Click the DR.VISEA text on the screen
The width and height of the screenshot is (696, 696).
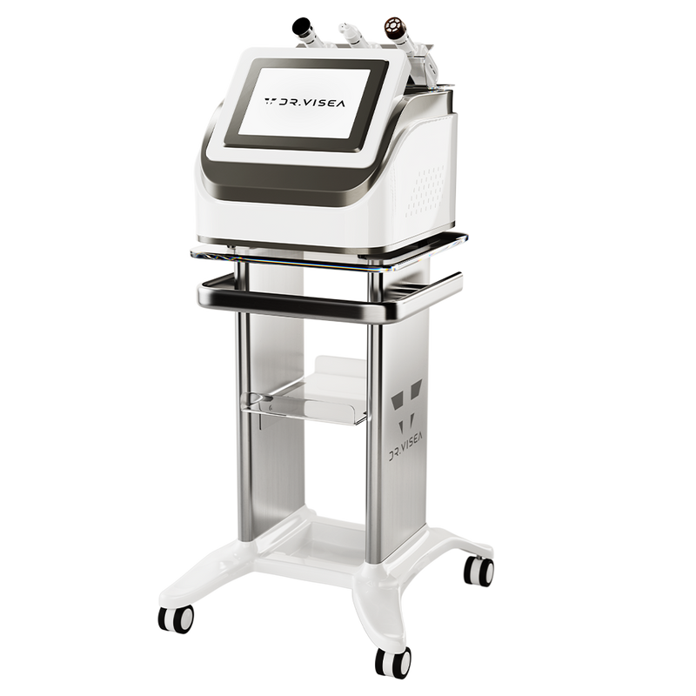[x=311, y=103]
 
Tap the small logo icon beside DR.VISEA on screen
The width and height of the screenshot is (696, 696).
[x=270, y=101]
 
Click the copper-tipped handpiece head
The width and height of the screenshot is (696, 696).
[x=395, y=28]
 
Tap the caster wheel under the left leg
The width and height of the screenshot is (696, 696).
[x=176, y=618]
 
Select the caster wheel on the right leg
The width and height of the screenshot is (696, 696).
[x=478, y=571]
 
